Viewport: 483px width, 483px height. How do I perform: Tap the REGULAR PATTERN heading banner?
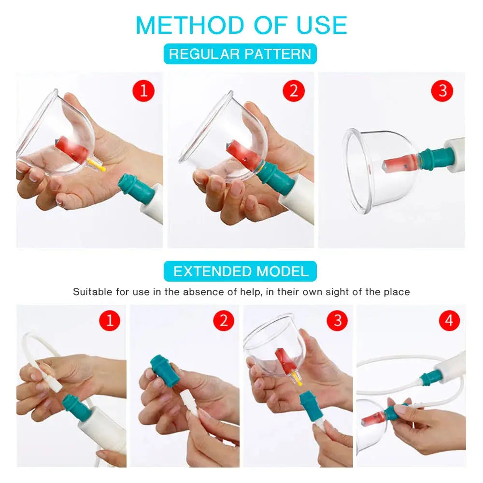[240, 54]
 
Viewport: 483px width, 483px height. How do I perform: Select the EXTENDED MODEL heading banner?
[240, 271]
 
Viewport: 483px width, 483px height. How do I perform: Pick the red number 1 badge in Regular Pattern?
[143, 90]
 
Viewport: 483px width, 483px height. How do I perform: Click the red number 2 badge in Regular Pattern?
[294, 90]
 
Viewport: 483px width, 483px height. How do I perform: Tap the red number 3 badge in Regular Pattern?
[442, 90]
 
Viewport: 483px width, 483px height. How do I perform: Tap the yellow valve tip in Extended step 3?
[298, 381]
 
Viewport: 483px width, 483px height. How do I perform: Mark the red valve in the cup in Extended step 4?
[372, 418]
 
